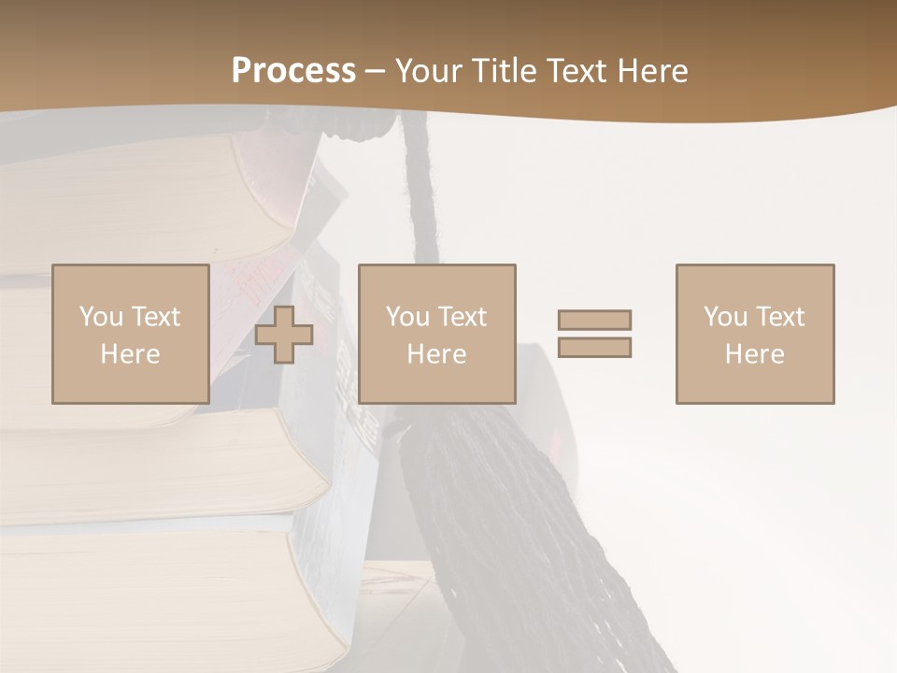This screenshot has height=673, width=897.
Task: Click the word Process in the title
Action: [x=293, y=71]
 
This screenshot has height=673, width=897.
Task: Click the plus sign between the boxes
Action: [x=284, y=335]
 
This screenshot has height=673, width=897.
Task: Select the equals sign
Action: [x=594, y=334]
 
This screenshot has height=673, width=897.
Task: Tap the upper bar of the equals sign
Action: [x=594, y=321]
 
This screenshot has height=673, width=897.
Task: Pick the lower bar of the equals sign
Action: [x=594, y=347]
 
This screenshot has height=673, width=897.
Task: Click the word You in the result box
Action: [x=725, y=317]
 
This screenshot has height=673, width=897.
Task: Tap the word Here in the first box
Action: [x=130, y=354]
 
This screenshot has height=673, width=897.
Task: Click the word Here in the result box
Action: [x=754, y=354]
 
